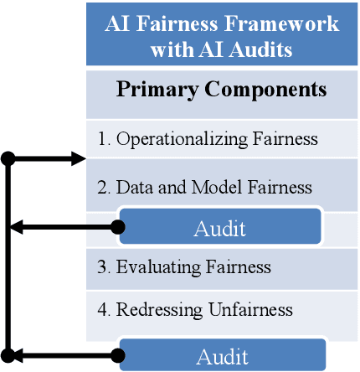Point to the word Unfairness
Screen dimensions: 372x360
[x=251, y=309]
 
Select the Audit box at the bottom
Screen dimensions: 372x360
[x=221, y=356]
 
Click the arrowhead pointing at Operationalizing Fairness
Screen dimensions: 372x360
[x=79, y=158]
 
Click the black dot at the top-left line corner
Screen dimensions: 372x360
[x=8, y=158]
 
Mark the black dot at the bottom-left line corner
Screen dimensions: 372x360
[x=8, y=356]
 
